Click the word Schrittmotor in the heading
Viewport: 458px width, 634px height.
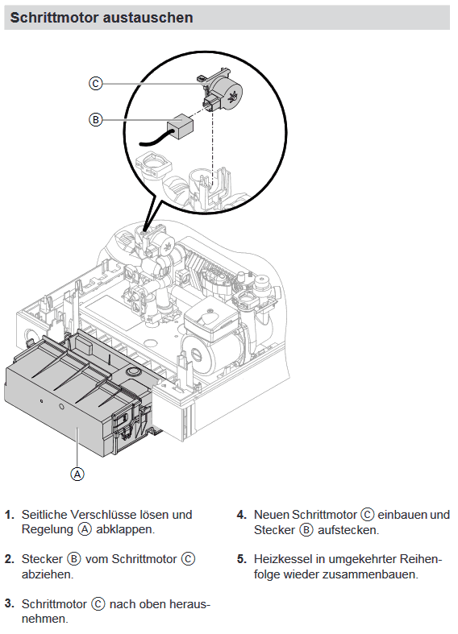(55, 18)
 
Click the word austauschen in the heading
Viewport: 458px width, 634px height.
(148, 18)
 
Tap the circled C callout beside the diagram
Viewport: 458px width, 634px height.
(95, 84)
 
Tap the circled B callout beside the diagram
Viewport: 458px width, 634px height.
(95, 120)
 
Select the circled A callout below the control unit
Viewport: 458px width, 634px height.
(77, 474)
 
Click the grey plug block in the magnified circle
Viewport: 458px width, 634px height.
(181, 126)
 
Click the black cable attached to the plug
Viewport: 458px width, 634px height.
(154, 139)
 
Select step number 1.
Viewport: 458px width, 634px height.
(10, 515)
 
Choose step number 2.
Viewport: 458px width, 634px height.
(10, 559)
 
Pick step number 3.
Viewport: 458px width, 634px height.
(10, 603)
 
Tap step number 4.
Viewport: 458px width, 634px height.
(242, 515)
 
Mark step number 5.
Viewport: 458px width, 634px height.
(242, 559)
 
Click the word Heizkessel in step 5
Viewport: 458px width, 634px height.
(283, 559)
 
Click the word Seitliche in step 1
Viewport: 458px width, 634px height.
(44, 515)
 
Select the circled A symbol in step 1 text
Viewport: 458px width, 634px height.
(85, 529)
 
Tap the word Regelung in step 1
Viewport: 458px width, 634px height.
(48, 530)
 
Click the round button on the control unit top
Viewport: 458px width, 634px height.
(133, 371)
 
